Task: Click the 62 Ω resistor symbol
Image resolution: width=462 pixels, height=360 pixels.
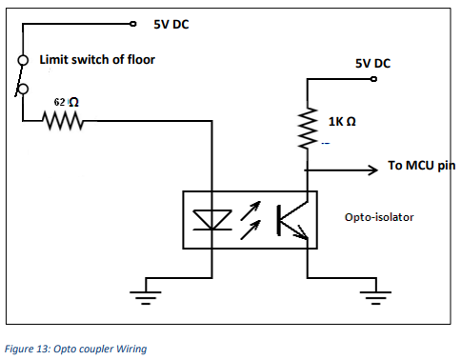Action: pyautogui.click(x=64, y=121)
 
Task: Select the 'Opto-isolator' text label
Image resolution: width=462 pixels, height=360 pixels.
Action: pyautogui.click(x=378, y=217)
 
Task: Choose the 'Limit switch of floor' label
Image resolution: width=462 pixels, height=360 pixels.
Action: pyautogui.click(x=96, y=60)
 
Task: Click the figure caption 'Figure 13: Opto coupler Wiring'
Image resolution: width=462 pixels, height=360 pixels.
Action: pyautogui.click(x=75, y=349)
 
